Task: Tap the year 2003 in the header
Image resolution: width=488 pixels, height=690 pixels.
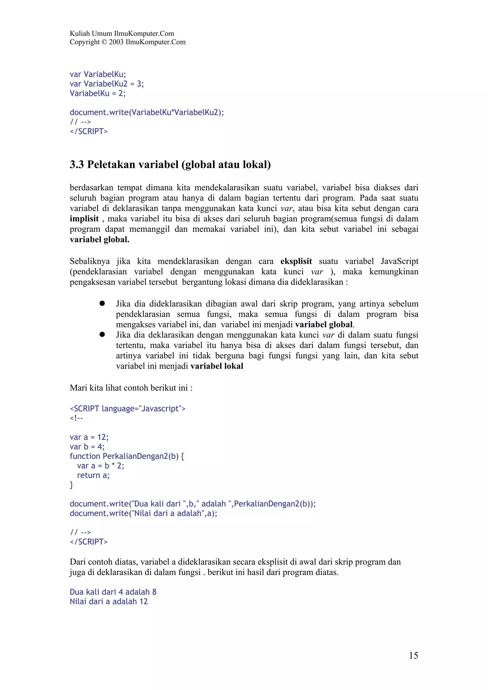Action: (x=116, y=42)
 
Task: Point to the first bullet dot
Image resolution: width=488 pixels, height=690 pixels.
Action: (x=102, y=304)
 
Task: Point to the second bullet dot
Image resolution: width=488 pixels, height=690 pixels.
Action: (x=102, y=335)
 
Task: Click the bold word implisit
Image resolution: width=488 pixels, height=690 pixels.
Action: (x=84, y=219)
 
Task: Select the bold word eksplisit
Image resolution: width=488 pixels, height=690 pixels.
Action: (x=296, y=261)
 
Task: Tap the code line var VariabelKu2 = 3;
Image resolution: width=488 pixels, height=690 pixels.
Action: (x=107, y=84)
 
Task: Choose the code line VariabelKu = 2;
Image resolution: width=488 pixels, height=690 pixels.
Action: (x=97, y=94)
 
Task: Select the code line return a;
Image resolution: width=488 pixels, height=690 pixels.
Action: (x=93, y=475)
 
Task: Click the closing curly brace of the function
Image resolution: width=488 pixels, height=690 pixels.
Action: (x=71, y=485)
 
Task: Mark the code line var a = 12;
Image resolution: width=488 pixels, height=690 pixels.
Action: (x=89, y=437)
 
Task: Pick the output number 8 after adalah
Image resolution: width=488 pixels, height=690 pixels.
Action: (x=154, y=592)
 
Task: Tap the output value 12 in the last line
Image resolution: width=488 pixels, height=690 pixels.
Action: (x=143, y=602)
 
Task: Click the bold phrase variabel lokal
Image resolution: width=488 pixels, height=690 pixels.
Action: (x=217, y=366)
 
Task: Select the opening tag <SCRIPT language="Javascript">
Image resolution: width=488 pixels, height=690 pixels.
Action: (x=127, y=409)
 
